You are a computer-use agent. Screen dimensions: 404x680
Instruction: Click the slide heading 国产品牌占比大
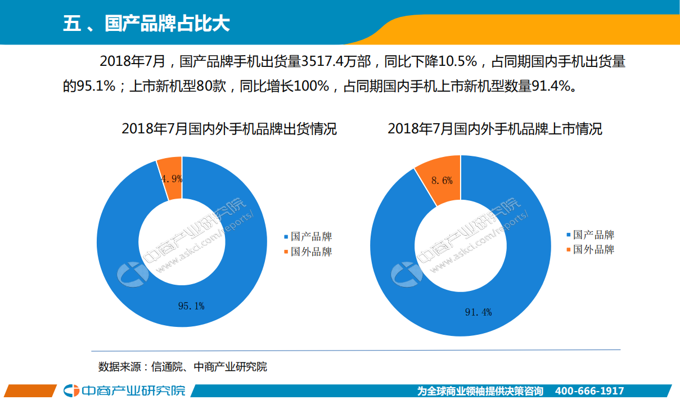coord(146,24)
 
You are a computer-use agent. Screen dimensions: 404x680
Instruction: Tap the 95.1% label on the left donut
coord(191,306)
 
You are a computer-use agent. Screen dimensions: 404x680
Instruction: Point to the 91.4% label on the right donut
coord(478,312)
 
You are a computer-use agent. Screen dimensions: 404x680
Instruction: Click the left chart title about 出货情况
coord(229,129)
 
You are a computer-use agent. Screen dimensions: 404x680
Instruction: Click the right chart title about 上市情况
coord(494,129)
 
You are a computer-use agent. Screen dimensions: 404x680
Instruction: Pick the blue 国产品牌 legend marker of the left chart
coord(286,237)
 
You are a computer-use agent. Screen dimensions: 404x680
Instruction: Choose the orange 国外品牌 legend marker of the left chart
coord(286,252)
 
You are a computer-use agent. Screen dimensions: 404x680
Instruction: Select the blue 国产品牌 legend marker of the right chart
coord(569,235)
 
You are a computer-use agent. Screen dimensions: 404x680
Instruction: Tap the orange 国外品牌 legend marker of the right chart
coord(569,249)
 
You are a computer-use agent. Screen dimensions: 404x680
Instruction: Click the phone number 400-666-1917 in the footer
coord(589,391)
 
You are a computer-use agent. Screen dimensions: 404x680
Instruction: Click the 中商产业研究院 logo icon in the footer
coord(71,390)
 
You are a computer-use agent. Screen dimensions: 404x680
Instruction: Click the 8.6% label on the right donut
coord(442,181)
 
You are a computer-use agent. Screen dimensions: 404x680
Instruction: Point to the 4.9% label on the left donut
coord(172,179)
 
